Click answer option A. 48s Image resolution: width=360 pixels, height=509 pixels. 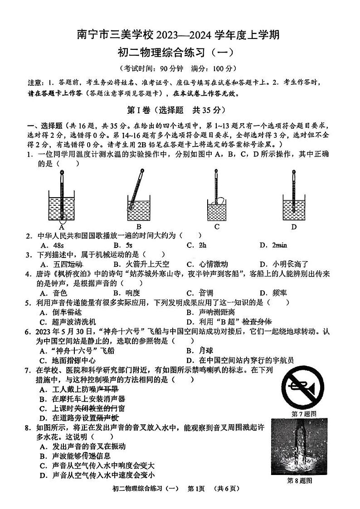(50, 245)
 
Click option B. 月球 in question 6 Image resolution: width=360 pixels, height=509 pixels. (199, 350)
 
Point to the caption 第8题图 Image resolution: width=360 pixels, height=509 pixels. (300, 481)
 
